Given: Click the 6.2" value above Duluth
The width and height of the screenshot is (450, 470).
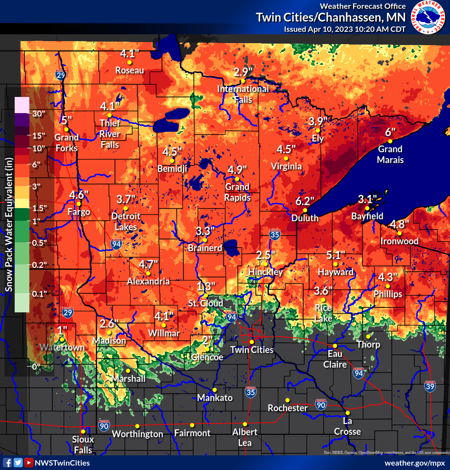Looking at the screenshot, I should click(x=305, y=201).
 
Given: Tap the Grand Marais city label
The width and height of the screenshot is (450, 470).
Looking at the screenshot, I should click(x=390, y=154).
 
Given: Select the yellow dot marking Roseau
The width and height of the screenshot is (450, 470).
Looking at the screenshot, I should click(x=130, y=63).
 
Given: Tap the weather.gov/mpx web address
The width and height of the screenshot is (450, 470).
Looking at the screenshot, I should click(x=415, y=463).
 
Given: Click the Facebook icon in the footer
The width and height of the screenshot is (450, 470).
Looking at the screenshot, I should click(x=7, y=463).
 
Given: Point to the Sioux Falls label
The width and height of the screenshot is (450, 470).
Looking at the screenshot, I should click(x=83, y=444).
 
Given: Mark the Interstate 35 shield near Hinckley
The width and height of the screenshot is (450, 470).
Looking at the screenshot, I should click(x=275, y=235).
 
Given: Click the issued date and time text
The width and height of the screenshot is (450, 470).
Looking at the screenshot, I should click(x=345, y=29).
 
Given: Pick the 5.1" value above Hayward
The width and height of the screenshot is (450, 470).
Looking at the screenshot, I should click(x=336, y=255).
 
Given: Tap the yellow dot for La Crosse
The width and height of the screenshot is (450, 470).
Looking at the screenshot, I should click(x=347, y=413).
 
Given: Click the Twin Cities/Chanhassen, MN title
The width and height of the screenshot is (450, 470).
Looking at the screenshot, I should click(x=331, y=18).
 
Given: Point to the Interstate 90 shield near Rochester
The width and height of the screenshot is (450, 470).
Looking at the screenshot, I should click(x=321, y=404).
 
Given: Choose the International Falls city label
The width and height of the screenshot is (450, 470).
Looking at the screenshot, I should click(x=243, y=94).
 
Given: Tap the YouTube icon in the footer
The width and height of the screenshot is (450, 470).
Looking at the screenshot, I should click(x=29, y=463).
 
